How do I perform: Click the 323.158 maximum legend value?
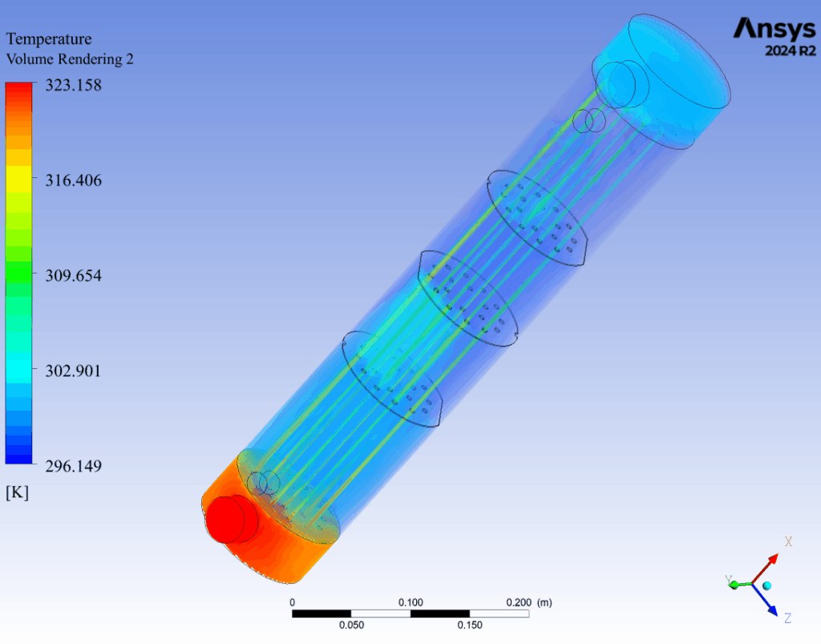tap(73, 85)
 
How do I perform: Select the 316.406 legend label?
tap(73, 180)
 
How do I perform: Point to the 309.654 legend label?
tap(73, 275)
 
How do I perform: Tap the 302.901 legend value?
tap(73, 371)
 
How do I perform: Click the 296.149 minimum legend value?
tap(73, 465)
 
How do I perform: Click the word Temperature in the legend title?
tap(49, 38)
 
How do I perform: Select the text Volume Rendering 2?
tap(70, 59)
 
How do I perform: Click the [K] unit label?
tap(18, 492)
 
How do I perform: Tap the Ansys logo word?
tap(774, 29)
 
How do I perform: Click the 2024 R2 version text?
tap(790, 51)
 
